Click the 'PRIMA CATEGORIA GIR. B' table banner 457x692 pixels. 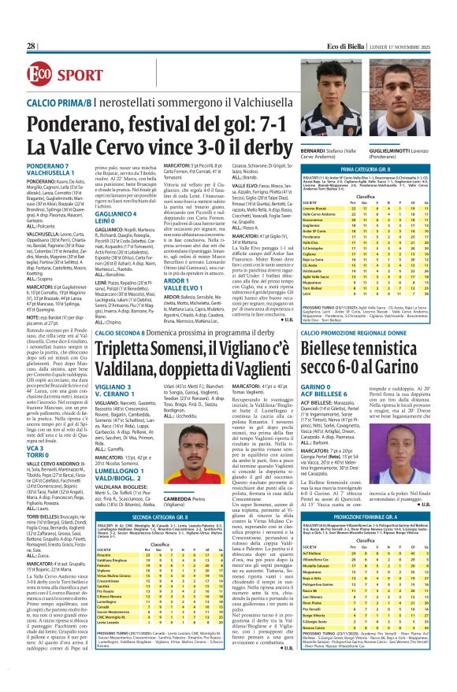click(376, 168)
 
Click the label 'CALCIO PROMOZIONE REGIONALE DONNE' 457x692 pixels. click(370, 334)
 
